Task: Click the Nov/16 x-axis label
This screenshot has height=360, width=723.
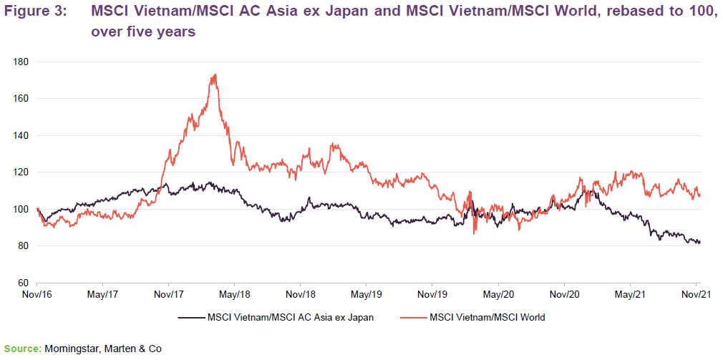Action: [x=37, y=294]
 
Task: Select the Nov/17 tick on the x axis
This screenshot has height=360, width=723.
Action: [x=166, y=294]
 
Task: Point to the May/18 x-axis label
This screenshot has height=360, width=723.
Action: [x=234, y=294]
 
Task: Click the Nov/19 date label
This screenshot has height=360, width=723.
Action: [x=432, y=294]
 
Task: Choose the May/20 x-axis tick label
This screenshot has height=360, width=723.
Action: [x=499, y=294]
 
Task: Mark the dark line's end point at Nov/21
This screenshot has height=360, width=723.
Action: [x=699, y=242]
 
